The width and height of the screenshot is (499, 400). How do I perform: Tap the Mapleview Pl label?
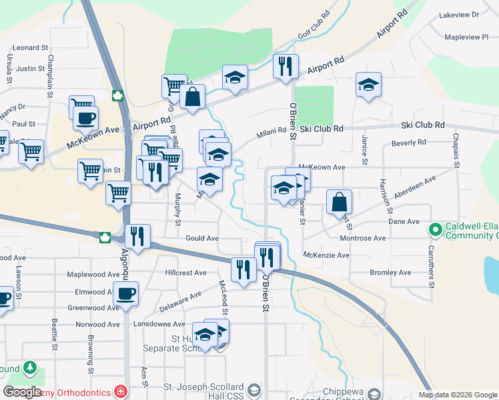[x=466, y=37]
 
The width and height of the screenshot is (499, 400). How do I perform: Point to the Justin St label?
[x=31, y=68]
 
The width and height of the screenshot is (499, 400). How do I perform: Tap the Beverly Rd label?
[x=409, y=143]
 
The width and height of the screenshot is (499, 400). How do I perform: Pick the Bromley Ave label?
[x=391, y=273]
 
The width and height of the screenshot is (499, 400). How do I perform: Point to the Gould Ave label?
[x=202, y=238]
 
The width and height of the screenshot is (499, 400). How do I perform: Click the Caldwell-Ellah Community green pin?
[x=436, y=230]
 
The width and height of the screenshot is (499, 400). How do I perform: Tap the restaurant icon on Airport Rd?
[x=286, y=65]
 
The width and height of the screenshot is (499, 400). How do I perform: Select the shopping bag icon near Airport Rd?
[x=192, y=96]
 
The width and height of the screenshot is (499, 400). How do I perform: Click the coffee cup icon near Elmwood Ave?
[x=125, y=293]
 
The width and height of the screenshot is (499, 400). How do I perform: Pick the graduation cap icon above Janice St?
[x=368, y=85]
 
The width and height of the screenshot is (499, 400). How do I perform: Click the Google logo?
[x=23, y=392]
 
